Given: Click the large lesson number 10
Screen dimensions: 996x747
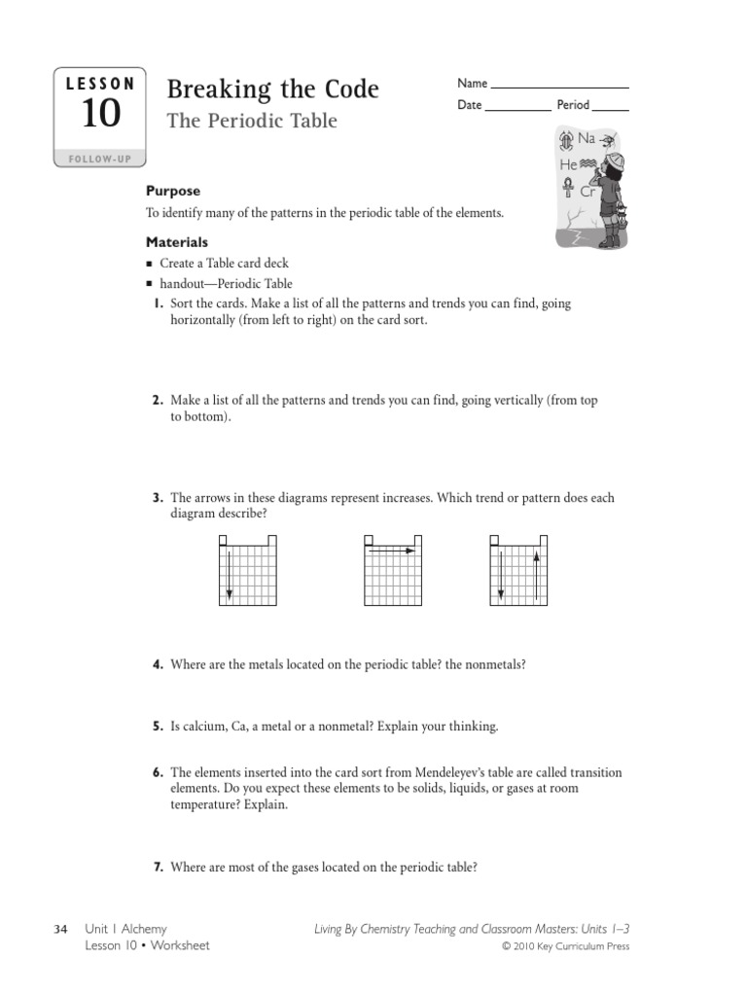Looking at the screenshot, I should click(100, 115).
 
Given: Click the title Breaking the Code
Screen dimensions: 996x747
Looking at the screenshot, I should click(272, 89).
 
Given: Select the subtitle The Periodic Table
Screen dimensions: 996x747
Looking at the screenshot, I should click(252, 122).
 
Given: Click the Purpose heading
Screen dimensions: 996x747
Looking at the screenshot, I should click(173, 192).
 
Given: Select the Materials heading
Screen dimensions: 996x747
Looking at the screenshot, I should click(177, 242).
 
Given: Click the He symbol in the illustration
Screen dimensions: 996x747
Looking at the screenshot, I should click(569, 165).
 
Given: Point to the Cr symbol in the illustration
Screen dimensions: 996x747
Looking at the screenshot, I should click(587, 192).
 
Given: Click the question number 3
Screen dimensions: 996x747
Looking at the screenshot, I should click(157, 498).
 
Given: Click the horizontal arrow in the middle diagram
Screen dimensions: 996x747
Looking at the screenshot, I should click(393, 551).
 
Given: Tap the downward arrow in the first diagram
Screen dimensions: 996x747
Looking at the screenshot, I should click(229, 574).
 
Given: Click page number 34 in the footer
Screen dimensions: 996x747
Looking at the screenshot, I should click(59, 930).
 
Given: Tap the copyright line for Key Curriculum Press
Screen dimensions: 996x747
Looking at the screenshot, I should click(565, 946).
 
